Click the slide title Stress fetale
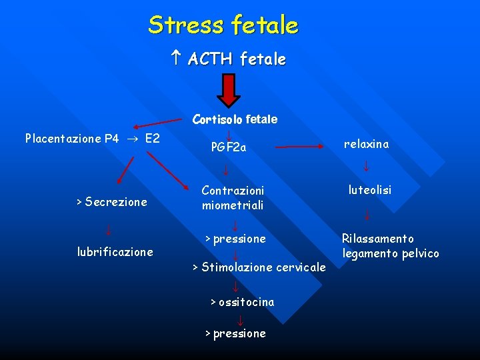223,25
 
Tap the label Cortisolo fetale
235,120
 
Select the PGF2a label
229,147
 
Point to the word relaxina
366,144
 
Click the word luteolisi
369,190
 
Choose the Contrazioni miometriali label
233,198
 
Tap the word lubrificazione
115,252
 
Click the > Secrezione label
111,202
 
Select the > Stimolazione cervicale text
259,267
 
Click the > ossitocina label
242,302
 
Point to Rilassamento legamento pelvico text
390,246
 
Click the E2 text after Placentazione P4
152,139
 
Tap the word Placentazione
63,139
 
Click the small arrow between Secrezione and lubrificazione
109,231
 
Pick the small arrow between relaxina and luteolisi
366,166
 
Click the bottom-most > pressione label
235,333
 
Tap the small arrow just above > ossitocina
236,287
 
